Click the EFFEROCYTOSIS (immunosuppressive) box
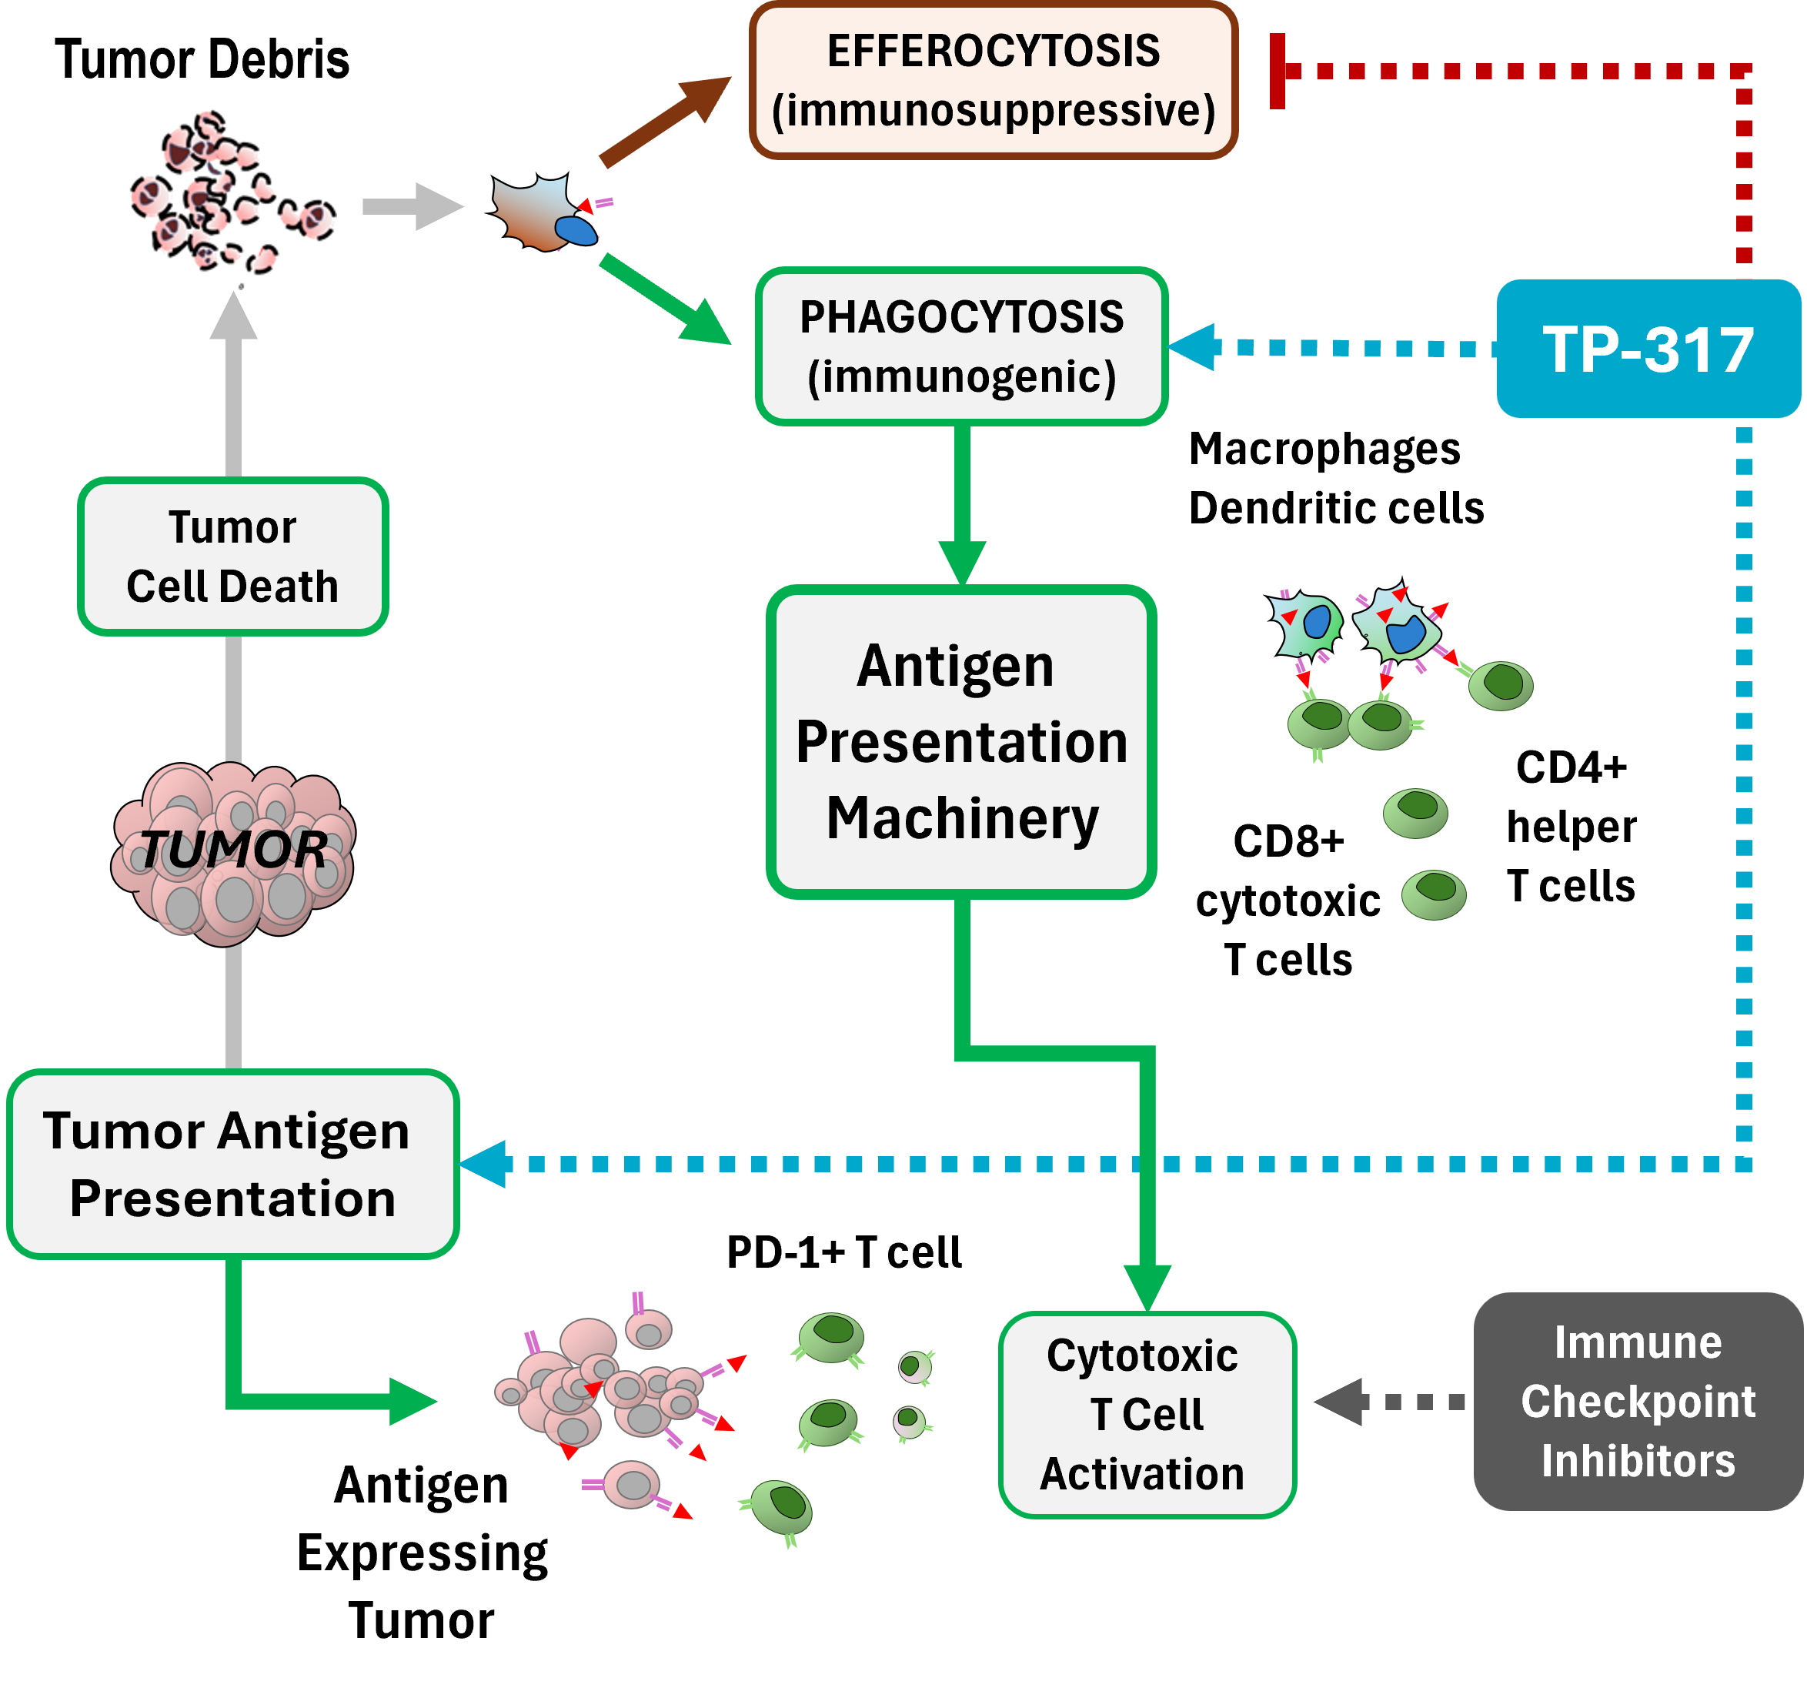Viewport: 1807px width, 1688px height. click(993, 80)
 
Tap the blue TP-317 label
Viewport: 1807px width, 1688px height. click(1647, 350)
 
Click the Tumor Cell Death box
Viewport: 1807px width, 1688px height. click(232, 557)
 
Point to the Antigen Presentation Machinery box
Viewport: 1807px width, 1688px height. click(960, 742)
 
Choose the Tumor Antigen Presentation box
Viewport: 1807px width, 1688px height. click(232, 1165)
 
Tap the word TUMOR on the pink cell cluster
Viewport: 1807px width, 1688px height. click(235, 851)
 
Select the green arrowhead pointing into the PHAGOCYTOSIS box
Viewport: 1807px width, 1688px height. click(718, 316)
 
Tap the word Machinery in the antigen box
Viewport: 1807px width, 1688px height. click(962, 819)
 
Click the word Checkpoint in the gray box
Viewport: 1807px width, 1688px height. click(1637, 1402)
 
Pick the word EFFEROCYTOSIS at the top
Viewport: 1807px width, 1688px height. click(993, 51)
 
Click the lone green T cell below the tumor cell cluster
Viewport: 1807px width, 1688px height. click(780, 1507)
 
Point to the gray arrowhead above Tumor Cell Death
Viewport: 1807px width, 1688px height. click(227, 320)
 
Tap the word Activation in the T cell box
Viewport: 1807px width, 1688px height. click(1141, 1473)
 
